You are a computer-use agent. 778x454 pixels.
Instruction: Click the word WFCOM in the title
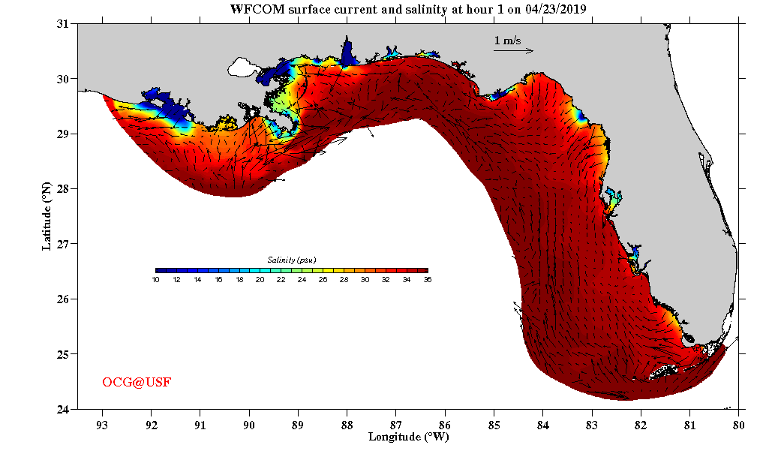click(256, 8)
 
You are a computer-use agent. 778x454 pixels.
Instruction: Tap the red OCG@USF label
click(137, 383)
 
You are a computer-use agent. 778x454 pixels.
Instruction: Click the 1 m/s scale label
click(508, 41)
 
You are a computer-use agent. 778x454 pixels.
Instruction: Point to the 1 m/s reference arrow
click(513, 51)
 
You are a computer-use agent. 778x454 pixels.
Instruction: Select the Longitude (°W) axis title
click(408, 437)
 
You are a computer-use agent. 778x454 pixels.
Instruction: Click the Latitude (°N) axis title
click(47, 215)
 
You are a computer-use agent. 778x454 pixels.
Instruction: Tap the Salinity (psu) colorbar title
click(292, 260)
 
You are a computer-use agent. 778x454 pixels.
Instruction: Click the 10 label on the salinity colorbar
click(155, 280)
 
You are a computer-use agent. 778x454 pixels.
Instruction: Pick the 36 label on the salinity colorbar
click(427, 280)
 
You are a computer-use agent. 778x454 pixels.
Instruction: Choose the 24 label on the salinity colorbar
click(302, 280)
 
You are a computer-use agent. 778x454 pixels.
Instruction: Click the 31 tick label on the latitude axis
click(63, 24)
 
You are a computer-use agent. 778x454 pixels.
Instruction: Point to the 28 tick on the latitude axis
click(63, 189)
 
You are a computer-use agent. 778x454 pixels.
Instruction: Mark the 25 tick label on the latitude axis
click(63, 354)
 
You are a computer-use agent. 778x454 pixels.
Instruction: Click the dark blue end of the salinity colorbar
click(160, 270)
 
